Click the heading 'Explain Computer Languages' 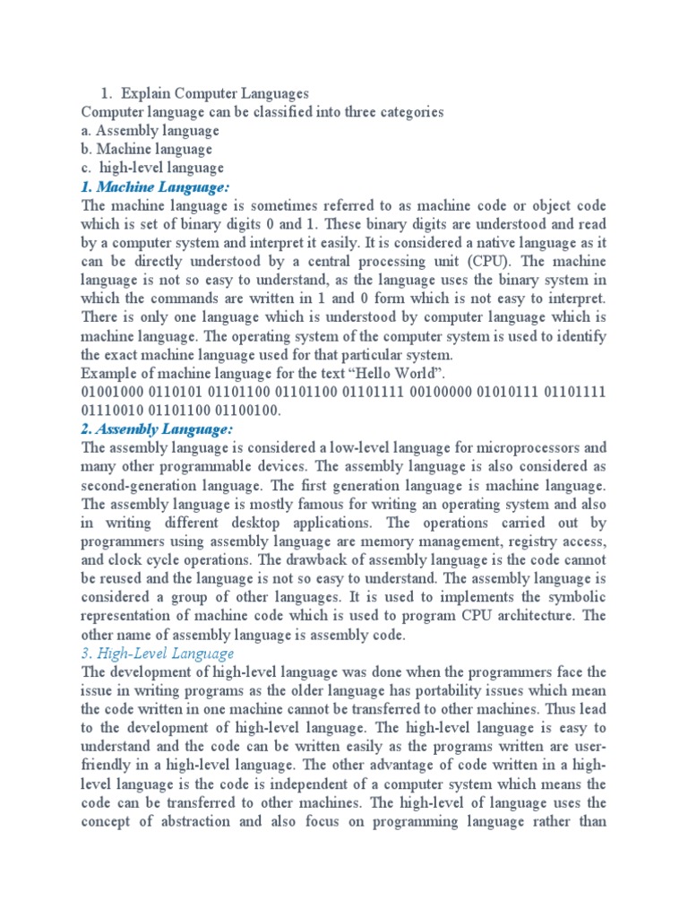click(x=215, y=93)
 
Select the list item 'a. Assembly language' click(x=150, y=130)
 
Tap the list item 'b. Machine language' click(x=146, y=149)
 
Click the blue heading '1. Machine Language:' click(x=156, y=186)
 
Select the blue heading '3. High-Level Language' click(x=158, y=653)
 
